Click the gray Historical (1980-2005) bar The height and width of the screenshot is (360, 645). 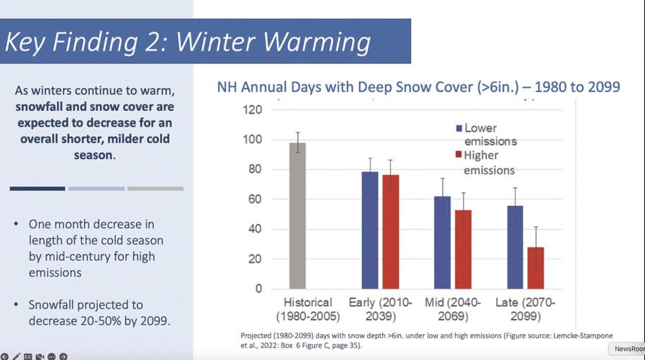coord(298,216)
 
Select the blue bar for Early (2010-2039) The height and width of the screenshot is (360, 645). coord(370,230)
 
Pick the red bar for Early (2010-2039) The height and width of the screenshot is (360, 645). coord(391,232)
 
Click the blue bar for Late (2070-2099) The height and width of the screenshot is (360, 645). coord(515,247)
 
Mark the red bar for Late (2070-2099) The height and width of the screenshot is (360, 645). coord(535,268)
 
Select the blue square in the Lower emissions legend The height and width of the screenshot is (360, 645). coord(459,128)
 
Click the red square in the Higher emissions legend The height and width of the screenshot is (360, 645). coord(459,156)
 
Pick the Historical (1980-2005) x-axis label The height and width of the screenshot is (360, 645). coord(307,310)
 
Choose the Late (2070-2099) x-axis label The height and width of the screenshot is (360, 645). coord(525,310)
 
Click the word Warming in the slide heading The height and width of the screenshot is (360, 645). coord(312,42)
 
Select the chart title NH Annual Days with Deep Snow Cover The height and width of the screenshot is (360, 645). coord(418,88)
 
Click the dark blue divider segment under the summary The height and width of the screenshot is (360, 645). coord(37,189)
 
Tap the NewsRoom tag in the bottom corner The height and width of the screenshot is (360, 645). coord(628,349)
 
